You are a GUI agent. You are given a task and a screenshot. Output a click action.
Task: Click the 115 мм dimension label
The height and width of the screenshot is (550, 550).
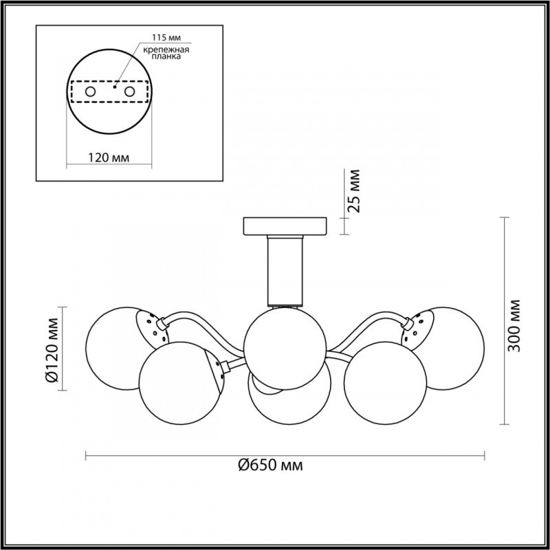point(166,38)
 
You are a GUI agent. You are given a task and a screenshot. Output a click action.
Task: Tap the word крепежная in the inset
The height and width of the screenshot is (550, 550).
point(166,49)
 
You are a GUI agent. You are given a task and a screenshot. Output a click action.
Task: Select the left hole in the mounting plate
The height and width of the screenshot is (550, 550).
point(91,92)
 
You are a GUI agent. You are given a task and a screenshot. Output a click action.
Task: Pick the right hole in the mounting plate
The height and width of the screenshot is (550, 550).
point(129,92)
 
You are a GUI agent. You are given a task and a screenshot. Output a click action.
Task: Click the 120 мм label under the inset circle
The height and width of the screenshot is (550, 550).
point(109,158)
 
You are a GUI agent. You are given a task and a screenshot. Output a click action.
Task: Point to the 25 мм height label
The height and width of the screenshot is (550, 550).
point(355,191)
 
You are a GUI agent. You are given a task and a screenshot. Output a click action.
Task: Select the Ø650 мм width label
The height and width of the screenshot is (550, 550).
point(270,466)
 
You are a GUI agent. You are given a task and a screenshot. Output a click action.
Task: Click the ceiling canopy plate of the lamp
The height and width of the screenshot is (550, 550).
point(285,226)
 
